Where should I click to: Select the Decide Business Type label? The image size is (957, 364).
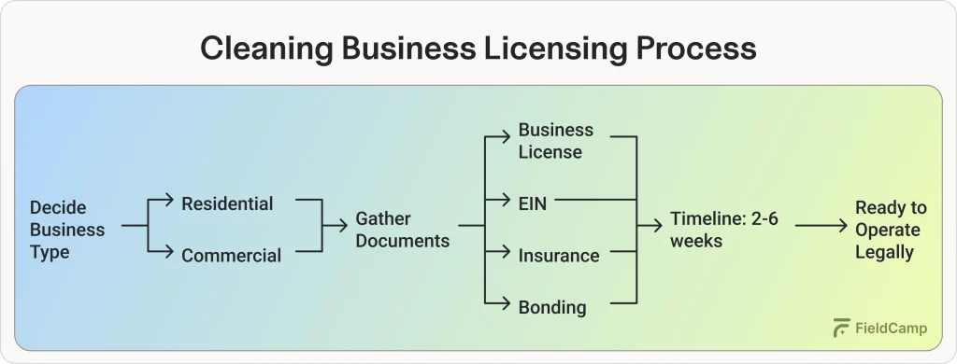pos(67,230)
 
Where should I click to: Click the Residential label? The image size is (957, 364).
pos(227,203)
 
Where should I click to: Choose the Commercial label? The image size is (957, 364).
pos(231,255)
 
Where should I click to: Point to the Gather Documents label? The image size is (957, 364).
pos(402,230)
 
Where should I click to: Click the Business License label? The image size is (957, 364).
pos(555,141)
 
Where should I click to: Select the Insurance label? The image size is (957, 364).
pos(559,255)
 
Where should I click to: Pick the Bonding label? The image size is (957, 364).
pos(552,306)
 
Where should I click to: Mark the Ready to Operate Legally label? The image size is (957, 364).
pos(890,230)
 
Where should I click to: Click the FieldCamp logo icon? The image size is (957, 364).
pos(841,328)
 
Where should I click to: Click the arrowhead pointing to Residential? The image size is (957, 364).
pos(169,200)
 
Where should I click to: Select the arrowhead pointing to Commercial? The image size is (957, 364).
pos(169,250)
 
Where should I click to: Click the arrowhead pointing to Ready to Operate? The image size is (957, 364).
pos(845,226)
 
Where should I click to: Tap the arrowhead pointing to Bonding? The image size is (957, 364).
pos(507,301)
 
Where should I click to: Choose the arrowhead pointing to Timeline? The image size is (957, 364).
pos(658,226)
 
